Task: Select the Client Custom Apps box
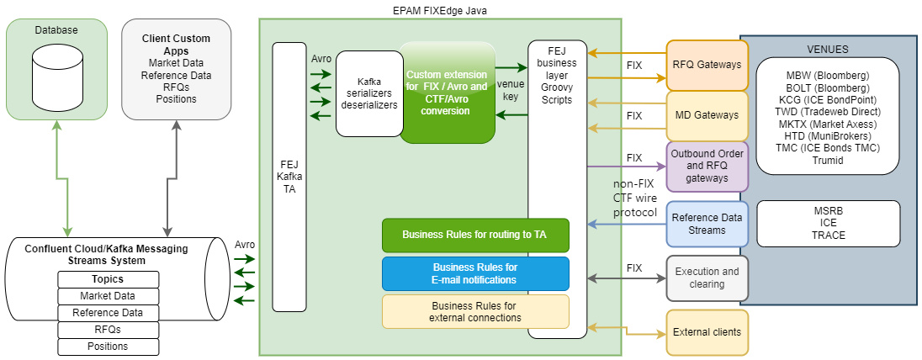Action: pyautogui.click(x=176, y=69)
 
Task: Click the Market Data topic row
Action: pyautogui.click(x=108, y=296)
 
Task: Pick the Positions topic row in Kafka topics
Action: pyautogui.click(x=108, y=347)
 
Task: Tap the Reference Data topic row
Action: pyautogui.click(x=108, y=313)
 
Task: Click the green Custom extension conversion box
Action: pyautogui.click(x=446, y=93)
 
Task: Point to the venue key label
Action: pyautogui.click(x=511, y=90)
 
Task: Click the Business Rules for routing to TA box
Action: pyautogui.click(x=475, y=236)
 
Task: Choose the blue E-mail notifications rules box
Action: pyautogui.click(x=475, y=273)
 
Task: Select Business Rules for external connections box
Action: pyautogui.click(x=475, y=311)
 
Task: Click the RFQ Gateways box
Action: pyautogui.click(x=707, y=64)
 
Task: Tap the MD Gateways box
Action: pyautogui.click(x=707, y=114)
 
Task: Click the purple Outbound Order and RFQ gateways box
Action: pyautogui.click(x=707, y=166)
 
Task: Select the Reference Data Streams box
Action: pyautogui.click(x=707, y=224)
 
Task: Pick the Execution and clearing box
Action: pyautogui.click(x=707, y=278)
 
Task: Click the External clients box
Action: pyautogui.click(x=707, y=331)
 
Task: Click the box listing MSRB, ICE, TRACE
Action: pyautogui.click(x=828, y=224)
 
